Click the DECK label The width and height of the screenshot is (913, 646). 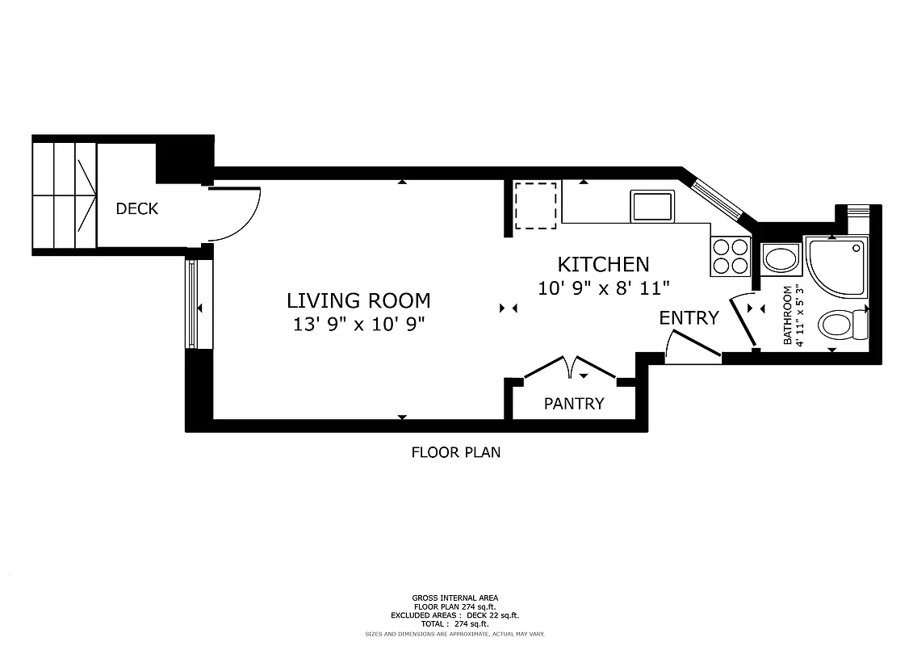coord(136,209)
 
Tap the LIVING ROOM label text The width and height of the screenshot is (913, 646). coord(358,301)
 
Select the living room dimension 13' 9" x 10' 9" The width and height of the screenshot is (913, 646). coord(358,325)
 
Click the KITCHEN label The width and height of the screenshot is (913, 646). coord(603,264)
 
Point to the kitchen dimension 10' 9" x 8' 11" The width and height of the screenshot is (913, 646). coord(604,287)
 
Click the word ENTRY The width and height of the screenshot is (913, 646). coord(689,318)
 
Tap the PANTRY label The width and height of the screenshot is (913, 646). coord(573,404)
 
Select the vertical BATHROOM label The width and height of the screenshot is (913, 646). coord(789,315)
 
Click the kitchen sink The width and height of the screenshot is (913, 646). coord(652,207)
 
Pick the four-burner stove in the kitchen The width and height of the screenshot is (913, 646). coord(730,257)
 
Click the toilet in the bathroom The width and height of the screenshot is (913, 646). coord(841,326)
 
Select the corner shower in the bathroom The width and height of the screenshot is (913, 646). coord(836,266)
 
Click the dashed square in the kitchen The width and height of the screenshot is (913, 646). coord(535,205)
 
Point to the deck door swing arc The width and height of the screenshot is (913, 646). coord(242,214)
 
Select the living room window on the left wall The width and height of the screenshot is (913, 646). coord(191,303)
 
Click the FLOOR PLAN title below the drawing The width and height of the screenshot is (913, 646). coord(455,452)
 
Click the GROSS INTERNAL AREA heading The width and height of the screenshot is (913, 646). coord(455,598)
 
